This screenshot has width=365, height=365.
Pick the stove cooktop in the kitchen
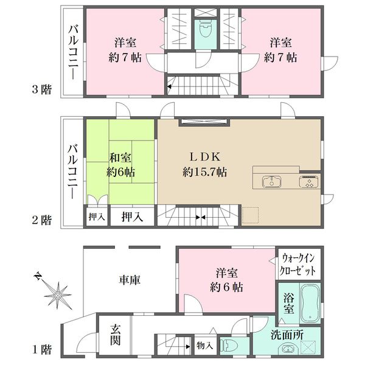[x=307, y=181]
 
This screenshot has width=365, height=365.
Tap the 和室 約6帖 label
[x=122, y=164]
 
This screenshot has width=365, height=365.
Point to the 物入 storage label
[x=205, y=346]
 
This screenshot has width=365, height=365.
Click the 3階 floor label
[x=42, y=90]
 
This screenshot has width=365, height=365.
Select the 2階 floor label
[x=42, y=220]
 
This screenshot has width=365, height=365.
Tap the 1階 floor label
[x=42, y=350]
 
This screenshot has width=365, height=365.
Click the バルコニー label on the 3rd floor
[x=73, y=52]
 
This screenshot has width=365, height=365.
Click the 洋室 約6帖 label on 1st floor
[x=228, y=280]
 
